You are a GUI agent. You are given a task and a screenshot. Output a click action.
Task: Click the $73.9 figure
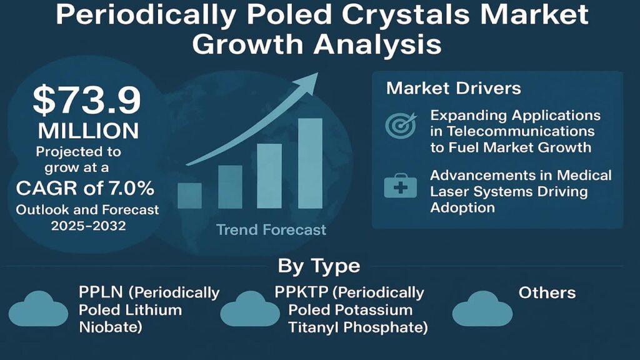86,100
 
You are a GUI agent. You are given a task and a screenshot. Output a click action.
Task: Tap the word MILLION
89,131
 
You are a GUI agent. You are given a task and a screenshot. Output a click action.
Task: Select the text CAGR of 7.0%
85,188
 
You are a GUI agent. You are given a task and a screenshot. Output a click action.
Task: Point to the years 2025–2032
89,226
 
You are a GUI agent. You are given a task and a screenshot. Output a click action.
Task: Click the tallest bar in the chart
310,164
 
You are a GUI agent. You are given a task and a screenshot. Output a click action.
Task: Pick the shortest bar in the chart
190,196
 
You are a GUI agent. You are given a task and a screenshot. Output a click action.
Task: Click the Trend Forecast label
271,230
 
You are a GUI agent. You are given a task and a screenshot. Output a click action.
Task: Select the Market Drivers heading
454,88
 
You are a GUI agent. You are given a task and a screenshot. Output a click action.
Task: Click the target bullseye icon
401,125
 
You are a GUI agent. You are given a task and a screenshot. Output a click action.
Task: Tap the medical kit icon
401,186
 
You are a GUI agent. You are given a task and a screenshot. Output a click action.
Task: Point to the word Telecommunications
521,131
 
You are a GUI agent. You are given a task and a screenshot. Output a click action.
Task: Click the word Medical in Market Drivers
584,176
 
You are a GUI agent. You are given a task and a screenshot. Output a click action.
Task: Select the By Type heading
319,266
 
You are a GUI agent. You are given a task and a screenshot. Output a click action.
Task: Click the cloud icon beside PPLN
38,309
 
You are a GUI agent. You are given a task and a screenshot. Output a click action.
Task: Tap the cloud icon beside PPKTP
250,309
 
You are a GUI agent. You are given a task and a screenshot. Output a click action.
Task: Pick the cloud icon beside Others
482,309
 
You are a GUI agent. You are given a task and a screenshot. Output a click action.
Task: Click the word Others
547,293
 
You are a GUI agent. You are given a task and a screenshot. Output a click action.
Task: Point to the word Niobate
110,327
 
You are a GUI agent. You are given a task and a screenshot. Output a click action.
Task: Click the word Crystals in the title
406,15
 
